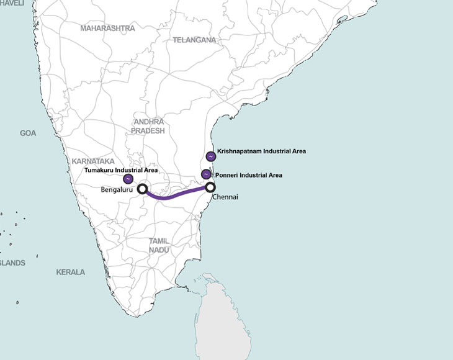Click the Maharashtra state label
click(107, 29)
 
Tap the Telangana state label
click(194, 40)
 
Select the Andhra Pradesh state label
click(148, 127)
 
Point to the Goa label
click(28, 133)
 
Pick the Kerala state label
click(70, 272)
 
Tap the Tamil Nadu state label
click(159, 245)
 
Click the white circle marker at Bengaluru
click(142, 188)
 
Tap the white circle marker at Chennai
click(210, 186)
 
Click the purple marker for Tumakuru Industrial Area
click(128, 179)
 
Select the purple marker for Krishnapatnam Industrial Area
click(211, 156)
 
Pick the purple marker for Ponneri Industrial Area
click(206, 174)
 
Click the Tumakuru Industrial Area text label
click(121, 169)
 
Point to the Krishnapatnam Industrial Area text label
click(262, 151)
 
